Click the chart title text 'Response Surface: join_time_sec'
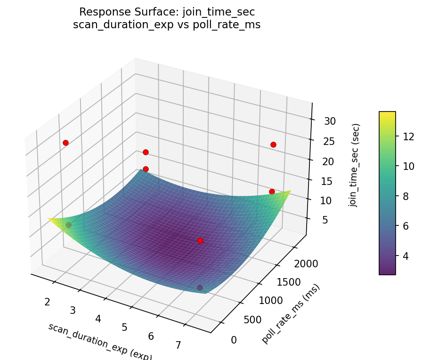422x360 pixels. pyautogui.click(x=167, y=12)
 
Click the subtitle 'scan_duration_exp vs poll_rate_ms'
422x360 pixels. pyautogui.click(x=167, y=25)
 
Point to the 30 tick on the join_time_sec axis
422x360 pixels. pyautogui.click(x=329, y=121)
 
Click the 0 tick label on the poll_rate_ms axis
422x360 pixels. pyautogui.click(x=234, y=339)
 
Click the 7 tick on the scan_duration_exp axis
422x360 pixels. pyautogui.click(x=178, y=345)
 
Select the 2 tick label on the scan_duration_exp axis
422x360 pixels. pyautogui.click(x=47, y=302)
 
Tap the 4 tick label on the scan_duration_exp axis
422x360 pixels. pyautogui.click(x=98, y=319)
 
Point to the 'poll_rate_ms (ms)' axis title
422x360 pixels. pyautogui.click(x=291, y=314)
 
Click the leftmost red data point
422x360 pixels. pyautogui.click(x=65, y=143)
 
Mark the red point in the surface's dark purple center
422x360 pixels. pyautogui.click(x=200, y=240)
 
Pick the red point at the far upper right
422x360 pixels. pyautogui.click(x=273, y=144)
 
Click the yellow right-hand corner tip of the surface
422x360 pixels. pyautogui.click(x=290, y=191)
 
